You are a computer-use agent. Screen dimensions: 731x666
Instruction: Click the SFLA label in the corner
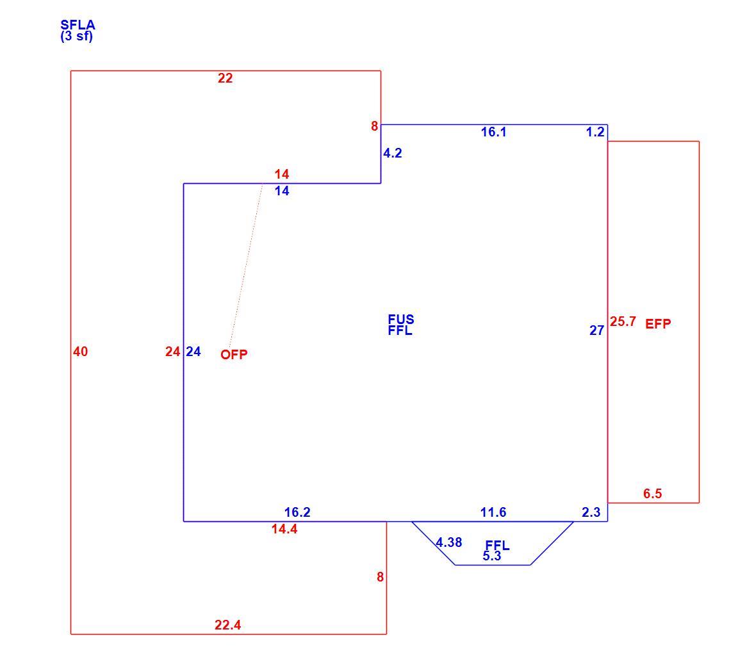click(78, 25)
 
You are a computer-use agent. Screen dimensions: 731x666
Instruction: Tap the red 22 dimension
click(225, 78)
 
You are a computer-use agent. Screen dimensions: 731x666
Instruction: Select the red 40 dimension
click(80, 352)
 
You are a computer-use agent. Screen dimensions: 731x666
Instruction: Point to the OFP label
click(234, 355)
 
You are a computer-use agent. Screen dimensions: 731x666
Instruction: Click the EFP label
click(658, 324)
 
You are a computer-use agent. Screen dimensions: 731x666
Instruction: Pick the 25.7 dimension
click(623, 321)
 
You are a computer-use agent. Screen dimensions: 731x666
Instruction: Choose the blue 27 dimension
click(596, 330)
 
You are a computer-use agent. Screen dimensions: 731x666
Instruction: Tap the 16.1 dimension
click(494, 132)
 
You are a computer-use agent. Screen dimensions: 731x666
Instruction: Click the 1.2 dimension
click(595, 132)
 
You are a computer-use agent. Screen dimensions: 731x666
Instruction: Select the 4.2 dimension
click(393, 153)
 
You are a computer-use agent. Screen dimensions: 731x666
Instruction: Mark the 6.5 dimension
click(653, 494)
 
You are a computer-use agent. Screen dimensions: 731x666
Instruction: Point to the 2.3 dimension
click(591, 512)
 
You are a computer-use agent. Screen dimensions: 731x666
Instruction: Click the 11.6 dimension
click(493, 512)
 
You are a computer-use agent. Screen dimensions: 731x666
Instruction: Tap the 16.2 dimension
click(297, 512)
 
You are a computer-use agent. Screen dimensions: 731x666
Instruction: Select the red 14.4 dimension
click(284, 529)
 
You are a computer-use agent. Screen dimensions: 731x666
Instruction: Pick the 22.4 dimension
click(228, 625)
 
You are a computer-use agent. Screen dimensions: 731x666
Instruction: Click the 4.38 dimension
click(449, 542)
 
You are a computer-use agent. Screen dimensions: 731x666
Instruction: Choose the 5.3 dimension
click(492, 556)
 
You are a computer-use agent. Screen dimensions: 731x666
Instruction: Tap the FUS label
click(401, 320)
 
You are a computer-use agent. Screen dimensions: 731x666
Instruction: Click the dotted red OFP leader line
click(246, 264)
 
